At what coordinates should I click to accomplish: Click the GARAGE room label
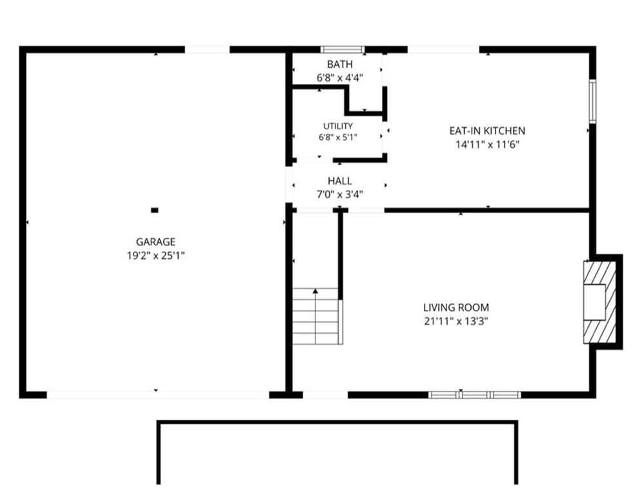[155, 242]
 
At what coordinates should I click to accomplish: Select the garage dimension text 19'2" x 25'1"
[155, 256]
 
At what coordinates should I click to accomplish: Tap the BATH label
[340, 65]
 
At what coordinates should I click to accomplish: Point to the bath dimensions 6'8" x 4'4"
[340, 78]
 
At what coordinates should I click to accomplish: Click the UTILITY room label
[338, 126]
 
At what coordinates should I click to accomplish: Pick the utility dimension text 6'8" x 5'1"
[338, 138]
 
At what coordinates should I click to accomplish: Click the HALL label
[340, 181]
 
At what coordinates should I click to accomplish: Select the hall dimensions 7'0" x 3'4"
[340, 194]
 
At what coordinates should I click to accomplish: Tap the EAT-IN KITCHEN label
[487, 130]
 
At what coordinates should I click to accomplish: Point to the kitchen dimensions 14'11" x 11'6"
[487, 144]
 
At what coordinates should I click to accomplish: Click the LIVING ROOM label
[456, 307]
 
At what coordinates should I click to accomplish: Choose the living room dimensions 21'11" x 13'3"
[456, 321]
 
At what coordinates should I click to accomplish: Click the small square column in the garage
[155, 211]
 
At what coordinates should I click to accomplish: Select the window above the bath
[342, 50]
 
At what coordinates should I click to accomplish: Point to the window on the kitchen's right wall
[592, 101]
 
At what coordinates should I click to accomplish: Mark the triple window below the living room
[474, 395]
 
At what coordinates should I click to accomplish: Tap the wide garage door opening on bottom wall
[157, 395]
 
